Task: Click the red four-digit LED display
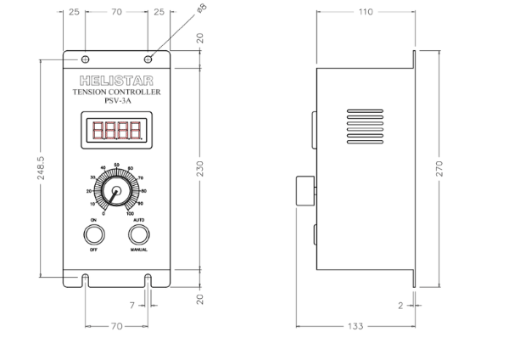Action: click(116, 132)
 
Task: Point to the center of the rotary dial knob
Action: click(114, 192)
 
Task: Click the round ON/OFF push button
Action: click(93, 234)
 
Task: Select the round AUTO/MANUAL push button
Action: click(139, 234)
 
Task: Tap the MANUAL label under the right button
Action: click(139, 251)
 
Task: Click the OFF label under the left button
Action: click(93, 251)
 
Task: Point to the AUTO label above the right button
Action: click(139, 219)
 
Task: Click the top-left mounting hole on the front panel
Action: click(86, 59)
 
